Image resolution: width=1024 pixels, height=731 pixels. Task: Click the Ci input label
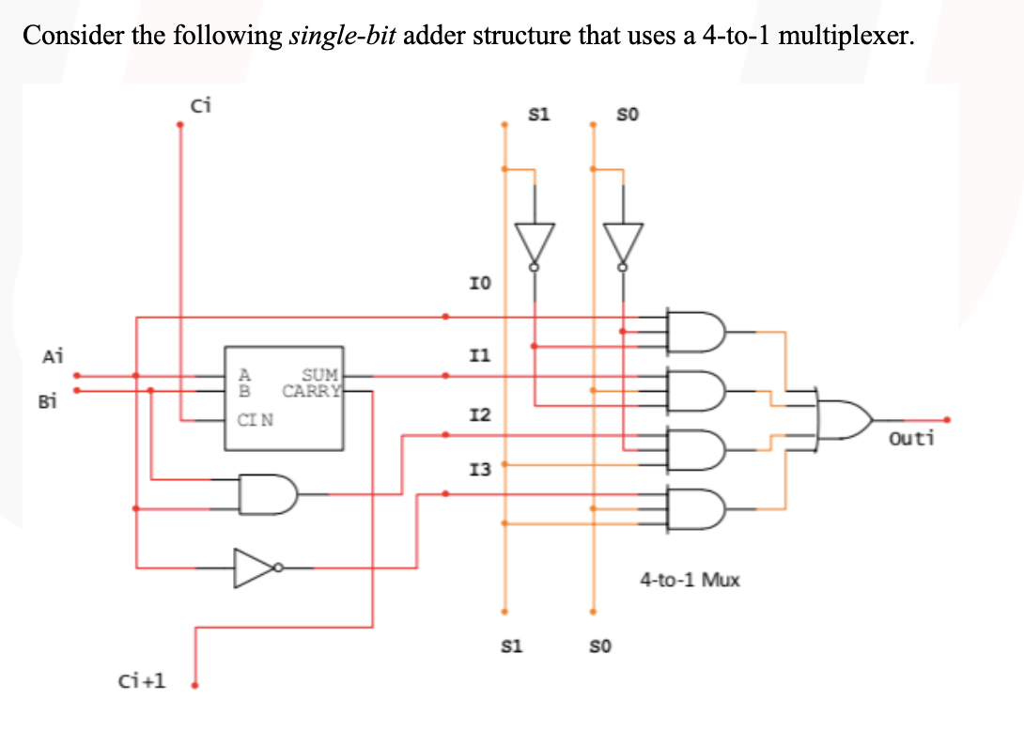tap(201, 105)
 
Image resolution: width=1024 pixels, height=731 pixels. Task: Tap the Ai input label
tap(53, 356)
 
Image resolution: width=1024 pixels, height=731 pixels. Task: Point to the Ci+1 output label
tap(142, 679)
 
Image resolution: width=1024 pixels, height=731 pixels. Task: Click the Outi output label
tap(911, 438)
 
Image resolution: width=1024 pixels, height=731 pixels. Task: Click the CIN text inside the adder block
tap(256, 420)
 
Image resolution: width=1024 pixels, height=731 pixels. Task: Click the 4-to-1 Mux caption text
tap(690, 580)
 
